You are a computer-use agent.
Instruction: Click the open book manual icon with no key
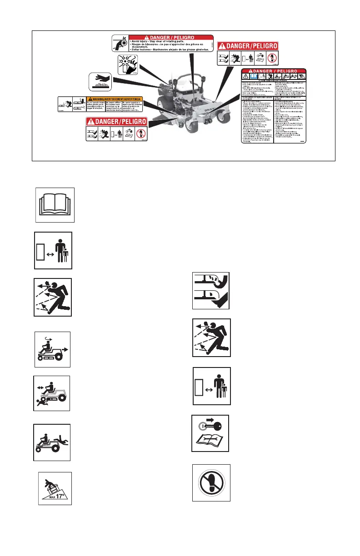pyautogui.click(x=54, y=204)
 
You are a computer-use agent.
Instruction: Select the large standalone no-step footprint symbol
pyautogui.click(x=211, y=482)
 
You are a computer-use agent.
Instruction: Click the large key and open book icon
pyautogui.click(x=210, y=433)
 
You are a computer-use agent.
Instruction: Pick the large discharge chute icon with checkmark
pyautogui.click(x=211, y=291)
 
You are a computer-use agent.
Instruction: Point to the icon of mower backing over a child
pyautogui.click(x=52, y=394)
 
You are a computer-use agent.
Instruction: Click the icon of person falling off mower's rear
pyautogui.click(x=52, y=442)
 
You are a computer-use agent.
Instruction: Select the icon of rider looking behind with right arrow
pyautogui.click(x=53, y=349)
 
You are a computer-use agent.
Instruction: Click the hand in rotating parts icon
pyautogui.click(x=120, y=43)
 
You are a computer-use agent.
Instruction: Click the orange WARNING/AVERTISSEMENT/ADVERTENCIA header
pyautogui.click(x=115, y=99)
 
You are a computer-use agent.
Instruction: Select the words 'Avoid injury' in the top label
pyautogui.click(x=145, y=44)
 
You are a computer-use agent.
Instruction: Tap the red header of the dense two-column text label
pyautogui.click(x=274, y=71)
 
